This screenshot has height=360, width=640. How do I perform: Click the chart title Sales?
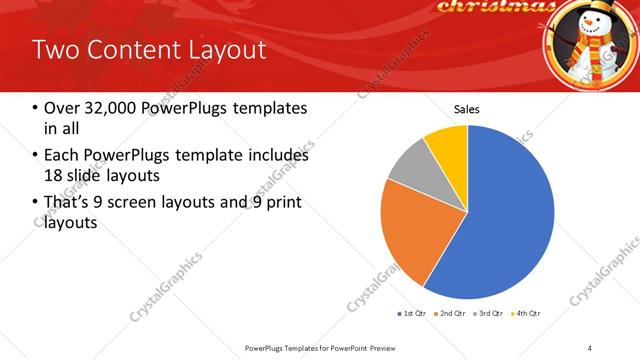point(467,109)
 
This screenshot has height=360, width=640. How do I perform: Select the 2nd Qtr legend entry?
point(450,313)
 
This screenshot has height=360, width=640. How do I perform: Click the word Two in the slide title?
point(55,49)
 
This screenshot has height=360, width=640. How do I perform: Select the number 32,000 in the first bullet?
point(107,108)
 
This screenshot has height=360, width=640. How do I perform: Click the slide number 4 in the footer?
point(590,347)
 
